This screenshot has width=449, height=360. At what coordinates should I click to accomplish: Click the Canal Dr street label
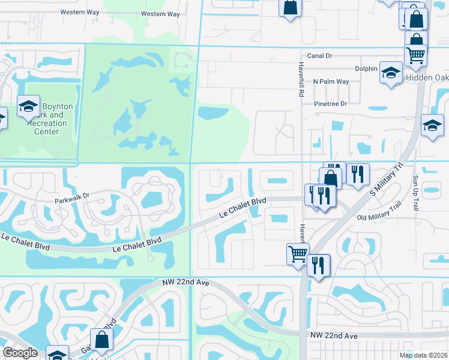click(319, 56)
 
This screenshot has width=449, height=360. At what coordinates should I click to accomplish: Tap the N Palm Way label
click(330, 82)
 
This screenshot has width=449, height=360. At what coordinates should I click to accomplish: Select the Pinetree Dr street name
click(331, 104)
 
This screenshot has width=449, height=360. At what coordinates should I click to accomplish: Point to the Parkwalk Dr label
click(71, 196)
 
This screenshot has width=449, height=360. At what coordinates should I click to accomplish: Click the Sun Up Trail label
click(415, 193)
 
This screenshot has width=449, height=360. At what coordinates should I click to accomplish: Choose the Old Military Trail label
click(378, 218)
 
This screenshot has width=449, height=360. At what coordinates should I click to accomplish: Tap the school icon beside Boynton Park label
click(28, 106)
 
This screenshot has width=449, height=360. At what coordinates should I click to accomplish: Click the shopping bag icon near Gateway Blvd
click(102, 339)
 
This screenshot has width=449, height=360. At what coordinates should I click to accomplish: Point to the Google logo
click(20, 353)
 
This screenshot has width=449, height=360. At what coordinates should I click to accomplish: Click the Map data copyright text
click(423, 355)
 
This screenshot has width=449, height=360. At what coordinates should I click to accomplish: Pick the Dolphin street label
click(365, 68)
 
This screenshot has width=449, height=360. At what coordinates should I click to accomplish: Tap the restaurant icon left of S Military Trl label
click(358, 174)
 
